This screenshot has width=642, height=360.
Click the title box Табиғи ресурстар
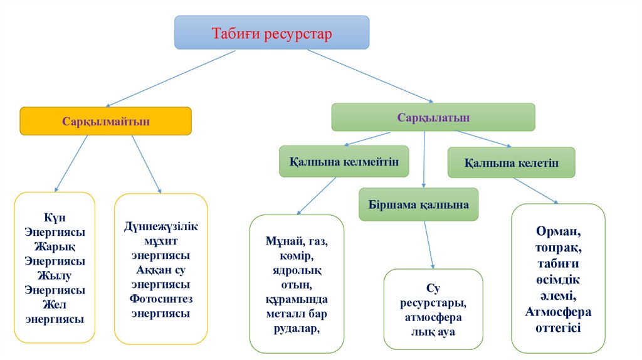(x=271, y=33)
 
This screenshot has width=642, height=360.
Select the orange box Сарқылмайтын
(x=105, y=121)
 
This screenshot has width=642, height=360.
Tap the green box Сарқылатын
(x=433, y=117)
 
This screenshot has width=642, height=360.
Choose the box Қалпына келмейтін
(x=344, y=161)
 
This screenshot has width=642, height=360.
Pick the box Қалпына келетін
(x=511, y=162)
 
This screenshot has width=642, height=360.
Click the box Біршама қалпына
(x=418, y=204)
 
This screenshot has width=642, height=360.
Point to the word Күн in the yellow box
(x=55, y=217)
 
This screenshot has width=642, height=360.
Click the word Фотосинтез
(x=160, y=299)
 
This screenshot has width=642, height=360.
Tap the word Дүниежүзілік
(x=160, y=226)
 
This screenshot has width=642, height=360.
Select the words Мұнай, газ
(x=297, y=241)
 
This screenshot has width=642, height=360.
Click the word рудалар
(x=296, y=327)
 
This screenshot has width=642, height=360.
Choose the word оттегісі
(x=558, y=327)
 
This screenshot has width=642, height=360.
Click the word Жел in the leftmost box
(x=55, y=305)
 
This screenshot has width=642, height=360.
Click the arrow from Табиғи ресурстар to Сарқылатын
(x=370, y=75)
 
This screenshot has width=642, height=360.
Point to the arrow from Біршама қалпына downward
(x=429, y=245)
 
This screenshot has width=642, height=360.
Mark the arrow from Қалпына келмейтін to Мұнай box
(x=317, y=196)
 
